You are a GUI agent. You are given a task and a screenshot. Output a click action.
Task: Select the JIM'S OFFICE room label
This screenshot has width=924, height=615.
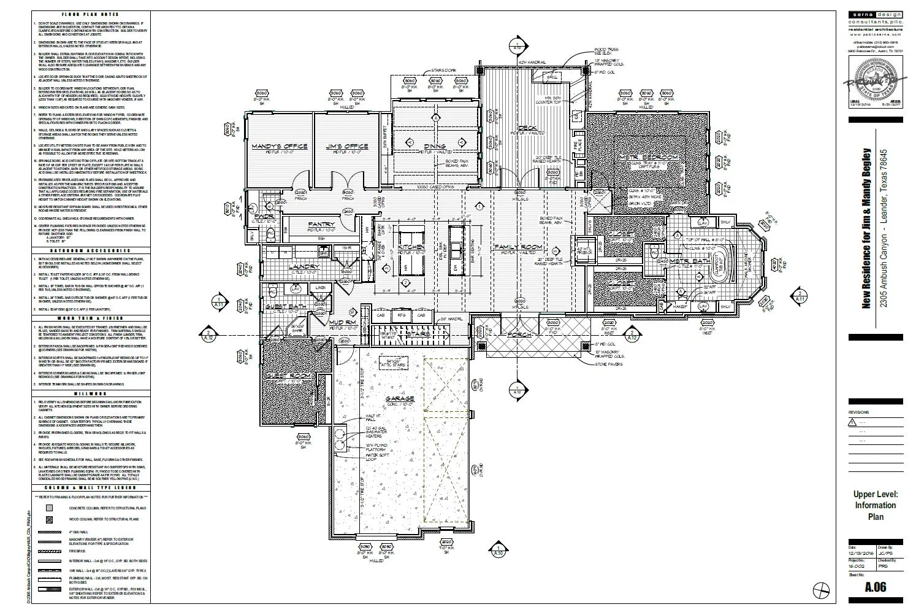pyautogui.click(x=347, y=146)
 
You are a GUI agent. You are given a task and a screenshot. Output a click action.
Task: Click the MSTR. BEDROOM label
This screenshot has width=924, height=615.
pyautogui.click(x=649, y=158)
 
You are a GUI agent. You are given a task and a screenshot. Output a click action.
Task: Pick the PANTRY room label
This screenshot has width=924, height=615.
pyautogui.click(x=321, y=224)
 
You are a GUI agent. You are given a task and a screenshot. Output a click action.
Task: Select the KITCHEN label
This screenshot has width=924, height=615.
pyautogui.click(x=412, y=247)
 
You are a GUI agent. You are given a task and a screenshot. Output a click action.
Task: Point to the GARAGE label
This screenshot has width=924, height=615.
pyautogui.click(x=400, y=399)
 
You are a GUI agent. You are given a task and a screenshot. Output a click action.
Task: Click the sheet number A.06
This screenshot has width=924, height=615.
pyautogui.click(x=875, y=587)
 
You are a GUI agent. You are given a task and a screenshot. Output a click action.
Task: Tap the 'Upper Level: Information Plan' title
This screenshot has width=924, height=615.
pyautogui.click(x=876, y=505)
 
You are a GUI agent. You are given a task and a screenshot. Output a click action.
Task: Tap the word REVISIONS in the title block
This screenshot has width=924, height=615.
pyautogui.click(x=858, y=412)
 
